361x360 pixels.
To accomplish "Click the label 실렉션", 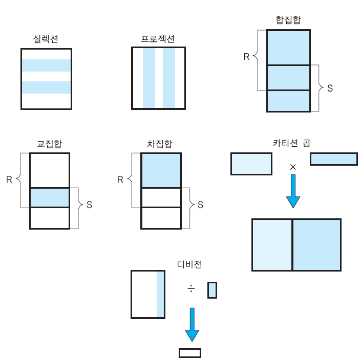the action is click(46, 39).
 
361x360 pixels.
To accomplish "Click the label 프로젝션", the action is click(158, 39).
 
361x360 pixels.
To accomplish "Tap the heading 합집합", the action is click(288, 20).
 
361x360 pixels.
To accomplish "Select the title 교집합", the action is click(49, 144).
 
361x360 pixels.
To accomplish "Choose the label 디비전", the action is click(189, 264).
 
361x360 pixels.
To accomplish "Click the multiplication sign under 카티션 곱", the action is click(293, 167).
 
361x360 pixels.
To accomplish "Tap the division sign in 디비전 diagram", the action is click(191, 289).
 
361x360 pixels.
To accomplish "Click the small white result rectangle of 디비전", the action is click(189, 353).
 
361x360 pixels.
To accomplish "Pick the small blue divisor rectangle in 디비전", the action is click(212, 290).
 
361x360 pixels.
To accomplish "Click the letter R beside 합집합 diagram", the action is click(246, 57).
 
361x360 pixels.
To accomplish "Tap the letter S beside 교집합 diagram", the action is click(89, 205).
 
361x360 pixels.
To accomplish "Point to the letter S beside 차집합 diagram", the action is click(200, 205).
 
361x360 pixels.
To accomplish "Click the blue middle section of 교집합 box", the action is click(49, 197).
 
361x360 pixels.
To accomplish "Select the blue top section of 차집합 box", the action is click(161, 171).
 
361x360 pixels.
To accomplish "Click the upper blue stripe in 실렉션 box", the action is click(46, 65).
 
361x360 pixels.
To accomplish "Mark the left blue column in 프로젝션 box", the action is click(148, 78).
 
